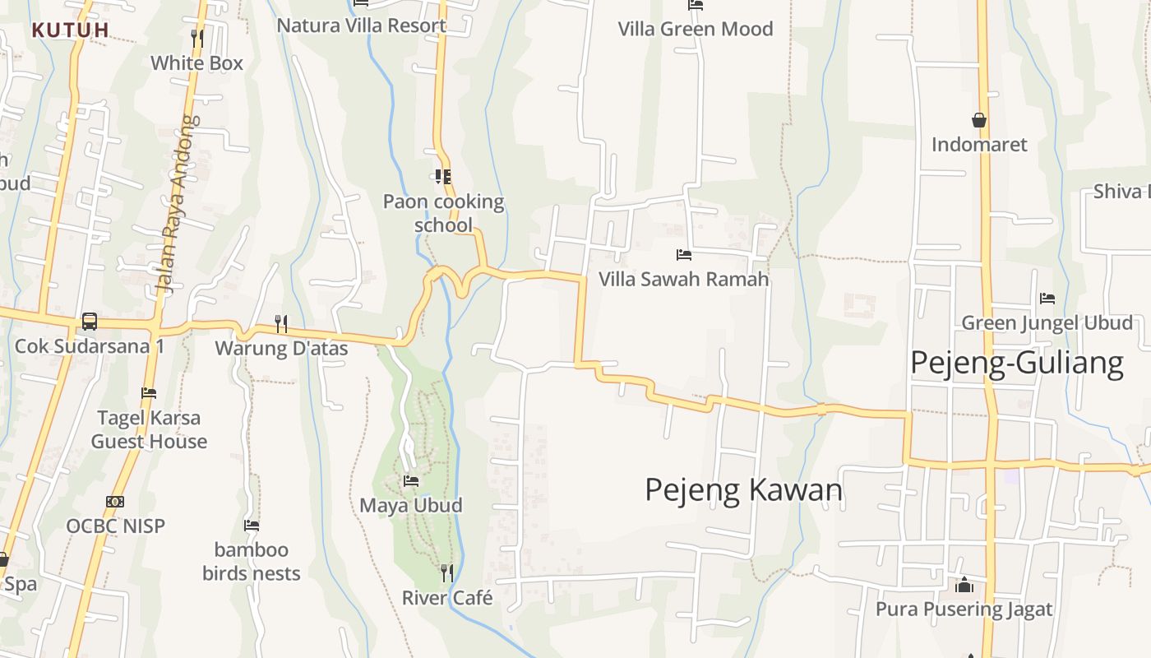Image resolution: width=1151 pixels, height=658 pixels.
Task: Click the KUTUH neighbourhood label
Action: (70, 30)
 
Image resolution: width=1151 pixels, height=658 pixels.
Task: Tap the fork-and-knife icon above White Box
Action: (196, 38)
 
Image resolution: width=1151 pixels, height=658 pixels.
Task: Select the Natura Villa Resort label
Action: (361, 25)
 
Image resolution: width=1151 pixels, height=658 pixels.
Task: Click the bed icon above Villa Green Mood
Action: (696, 5)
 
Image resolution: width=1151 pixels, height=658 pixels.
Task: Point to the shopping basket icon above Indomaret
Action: (979, 120)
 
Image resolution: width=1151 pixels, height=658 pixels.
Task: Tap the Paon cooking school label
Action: (443, 213)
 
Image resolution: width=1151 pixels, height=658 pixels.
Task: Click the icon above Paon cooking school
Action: (443, 176)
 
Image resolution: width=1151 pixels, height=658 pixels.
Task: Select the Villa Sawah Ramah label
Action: (683, 279)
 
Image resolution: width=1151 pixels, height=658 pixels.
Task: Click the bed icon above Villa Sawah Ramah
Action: (683, 255)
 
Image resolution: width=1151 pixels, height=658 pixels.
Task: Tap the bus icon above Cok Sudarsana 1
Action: (90, 322)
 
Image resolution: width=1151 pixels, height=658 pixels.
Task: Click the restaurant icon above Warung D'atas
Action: (281, 323)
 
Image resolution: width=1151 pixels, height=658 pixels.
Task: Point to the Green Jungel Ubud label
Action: (1047, 322)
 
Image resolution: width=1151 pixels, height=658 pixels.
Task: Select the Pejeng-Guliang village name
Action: (1016, 363)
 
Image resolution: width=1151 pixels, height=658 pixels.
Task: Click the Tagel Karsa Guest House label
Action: (149, 429)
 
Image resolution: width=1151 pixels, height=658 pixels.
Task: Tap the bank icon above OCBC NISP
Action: (115, 502)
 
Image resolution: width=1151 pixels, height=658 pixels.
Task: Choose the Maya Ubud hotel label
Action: (411, 505)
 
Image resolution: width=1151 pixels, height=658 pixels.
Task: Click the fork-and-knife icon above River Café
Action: (446, 572)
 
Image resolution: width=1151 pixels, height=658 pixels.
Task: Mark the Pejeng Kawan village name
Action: (744, 490)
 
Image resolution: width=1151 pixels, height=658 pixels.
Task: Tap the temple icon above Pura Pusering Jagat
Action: (964, 586)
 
